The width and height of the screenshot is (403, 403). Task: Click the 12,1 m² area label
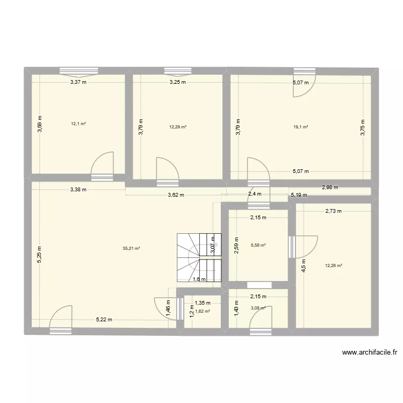78,124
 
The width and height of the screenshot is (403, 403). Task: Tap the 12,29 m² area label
177,127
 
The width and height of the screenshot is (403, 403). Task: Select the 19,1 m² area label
300,127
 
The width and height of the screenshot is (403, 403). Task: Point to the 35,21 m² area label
131,248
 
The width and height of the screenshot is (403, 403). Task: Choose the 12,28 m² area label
334,265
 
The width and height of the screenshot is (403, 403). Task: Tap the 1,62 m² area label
202,311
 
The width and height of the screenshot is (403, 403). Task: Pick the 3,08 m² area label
258,308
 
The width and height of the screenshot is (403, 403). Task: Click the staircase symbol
199,257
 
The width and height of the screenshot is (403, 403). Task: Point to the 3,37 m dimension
78,82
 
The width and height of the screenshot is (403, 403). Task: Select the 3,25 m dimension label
177,82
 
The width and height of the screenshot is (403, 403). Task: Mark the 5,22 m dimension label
104,320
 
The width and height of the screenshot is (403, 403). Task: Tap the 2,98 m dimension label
330,188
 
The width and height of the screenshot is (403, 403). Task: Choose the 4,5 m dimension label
304,265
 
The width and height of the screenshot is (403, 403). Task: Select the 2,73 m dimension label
333,211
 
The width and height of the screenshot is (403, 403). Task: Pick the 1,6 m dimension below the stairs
199,279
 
